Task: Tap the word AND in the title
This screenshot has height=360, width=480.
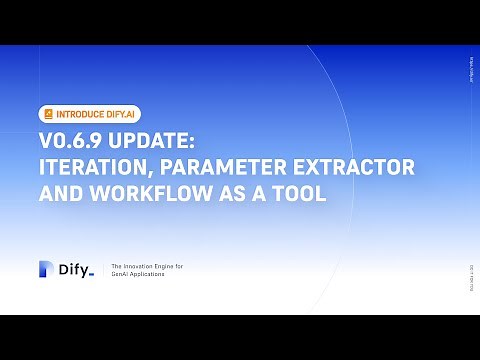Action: [x=61, y=194]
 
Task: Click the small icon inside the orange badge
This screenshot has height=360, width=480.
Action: [x=48, y=113]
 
